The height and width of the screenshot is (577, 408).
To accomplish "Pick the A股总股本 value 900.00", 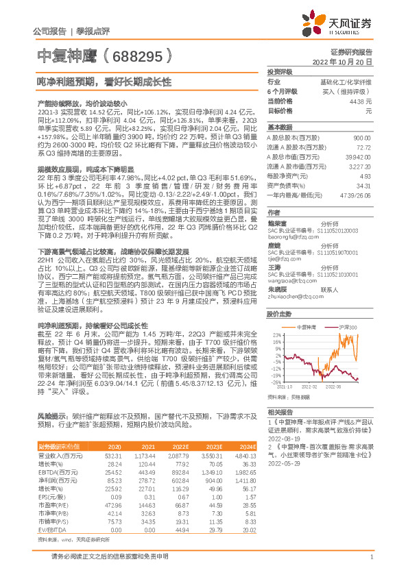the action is click(363, 137).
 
